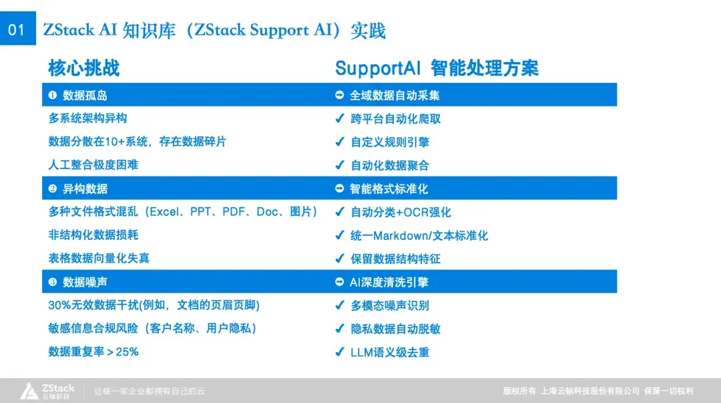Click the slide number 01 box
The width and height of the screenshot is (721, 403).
point(17,30)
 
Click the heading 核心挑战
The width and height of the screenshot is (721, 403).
point(83,68)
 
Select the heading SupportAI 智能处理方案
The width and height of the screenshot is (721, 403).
point(437,68)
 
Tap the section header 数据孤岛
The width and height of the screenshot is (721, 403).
point(85,96)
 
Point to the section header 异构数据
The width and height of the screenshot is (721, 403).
point(85,189)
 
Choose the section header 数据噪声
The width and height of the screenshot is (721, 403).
point(85,283)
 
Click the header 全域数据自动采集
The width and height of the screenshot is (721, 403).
point(395,96)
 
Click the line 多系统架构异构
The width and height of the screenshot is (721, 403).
point(87,118)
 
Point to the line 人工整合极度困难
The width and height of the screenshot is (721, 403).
point(93,164)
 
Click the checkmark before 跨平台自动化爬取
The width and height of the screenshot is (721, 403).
point(340,119)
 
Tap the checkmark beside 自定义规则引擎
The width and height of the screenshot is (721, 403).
point(340,142)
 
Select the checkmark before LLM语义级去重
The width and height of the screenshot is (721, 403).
point(340,352)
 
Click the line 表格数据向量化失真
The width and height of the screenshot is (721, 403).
point(99,259)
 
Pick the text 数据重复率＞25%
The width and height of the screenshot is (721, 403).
point(93,352)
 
